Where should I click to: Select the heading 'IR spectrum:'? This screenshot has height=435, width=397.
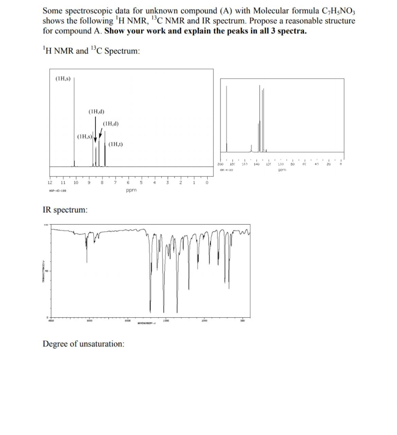pos(65,209)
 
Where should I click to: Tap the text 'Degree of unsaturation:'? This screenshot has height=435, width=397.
pos(84,344)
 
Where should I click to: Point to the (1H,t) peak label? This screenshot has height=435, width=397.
pos(115,144)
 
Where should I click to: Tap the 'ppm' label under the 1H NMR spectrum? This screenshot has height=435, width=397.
pos(131,191)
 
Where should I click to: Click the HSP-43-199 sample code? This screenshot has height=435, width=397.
pos(57,191)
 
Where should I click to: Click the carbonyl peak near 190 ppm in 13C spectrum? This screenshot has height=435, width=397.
pos(226,119)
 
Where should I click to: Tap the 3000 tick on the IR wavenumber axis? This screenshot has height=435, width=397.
pos(89,322)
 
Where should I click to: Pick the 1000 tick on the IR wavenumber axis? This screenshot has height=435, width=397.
pos(204,322)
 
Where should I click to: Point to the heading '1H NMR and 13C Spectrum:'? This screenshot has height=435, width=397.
pos(91,51)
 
